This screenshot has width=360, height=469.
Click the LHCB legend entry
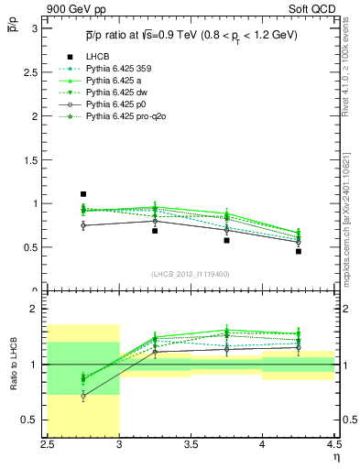coord(96,82)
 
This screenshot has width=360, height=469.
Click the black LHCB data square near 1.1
coord(83,194)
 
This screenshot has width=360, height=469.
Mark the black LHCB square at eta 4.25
coord(298,251)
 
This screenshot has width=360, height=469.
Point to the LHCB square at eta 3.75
coord(226,240)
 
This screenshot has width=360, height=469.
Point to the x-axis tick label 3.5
coord(191,444)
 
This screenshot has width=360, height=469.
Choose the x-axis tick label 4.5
coord(333,444)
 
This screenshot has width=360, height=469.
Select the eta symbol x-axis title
coord(335,455)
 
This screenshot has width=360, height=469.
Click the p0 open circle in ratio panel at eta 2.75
coord(83,397)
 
